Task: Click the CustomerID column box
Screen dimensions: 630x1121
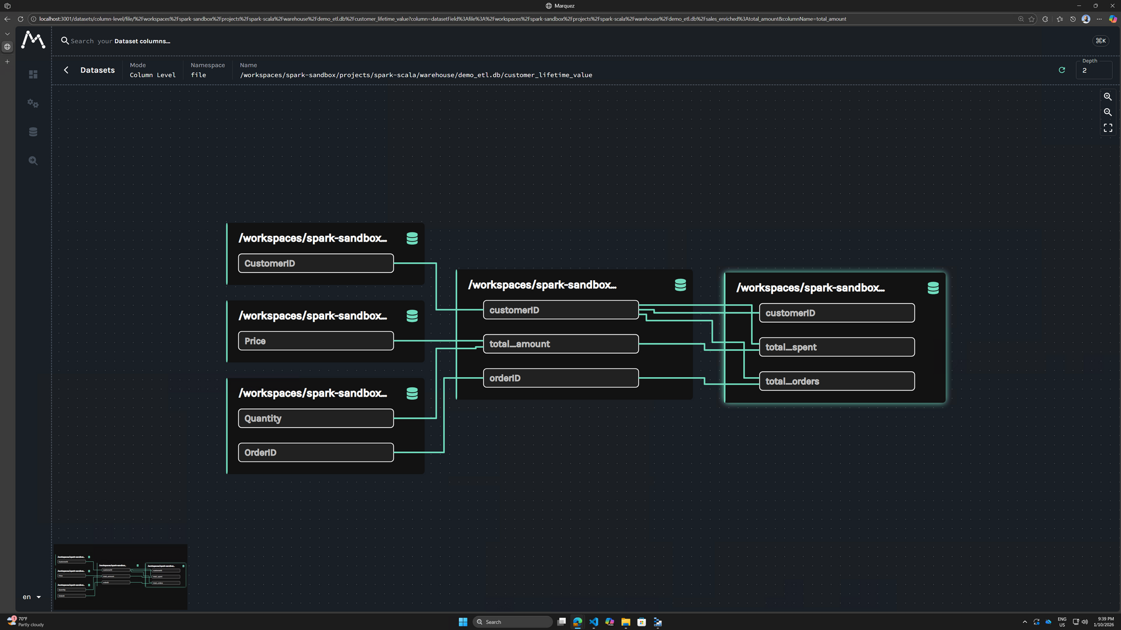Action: (x=315, y=263)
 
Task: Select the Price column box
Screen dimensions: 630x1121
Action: (x=315, y=341)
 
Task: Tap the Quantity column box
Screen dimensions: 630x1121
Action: (x=315, y=419)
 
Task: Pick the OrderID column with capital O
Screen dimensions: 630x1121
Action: (x=315, y=453)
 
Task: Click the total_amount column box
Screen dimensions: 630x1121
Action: (x=560, y=344)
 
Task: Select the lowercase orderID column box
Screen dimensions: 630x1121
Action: (x=560, y=378)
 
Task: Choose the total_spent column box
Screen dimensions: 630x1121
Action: (x=837, y=347)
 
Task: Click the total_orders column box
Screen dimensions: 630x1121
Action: (x=837, y=381)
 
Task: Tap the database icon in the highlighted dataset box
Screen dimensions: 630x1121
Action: (x=933, y=288)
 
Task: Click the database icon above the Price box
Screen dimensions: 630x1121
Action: (x=412, y=316)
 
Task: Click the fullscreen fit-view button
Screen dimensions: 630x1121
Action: (x=1108, y=128)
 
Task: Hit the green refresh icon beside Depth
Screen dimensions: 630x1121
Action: (x=1062, y=70)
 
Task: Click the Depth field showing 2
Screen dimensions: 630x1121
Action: (x=1094, y=71)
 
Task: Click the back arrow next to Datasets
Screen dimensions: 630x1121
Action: (x=66, y=70)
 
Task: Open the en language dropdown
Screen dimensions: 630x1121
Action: (x=32, y=597)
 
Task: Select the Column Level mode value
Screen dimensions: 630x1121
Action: (x=152, y=75)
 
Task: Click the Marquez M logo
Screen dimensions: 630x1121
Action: (x=33, y=40)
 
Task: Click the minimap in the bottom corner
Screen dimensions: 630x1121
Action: (x=121, y=577)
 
